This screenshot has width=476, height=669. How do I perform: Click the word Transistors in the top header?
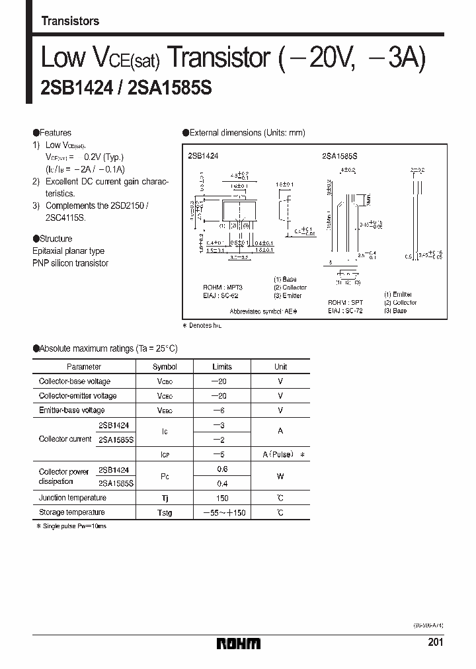pos(70,21)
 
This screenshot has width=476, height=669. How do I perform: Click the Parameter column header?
pos(83,367)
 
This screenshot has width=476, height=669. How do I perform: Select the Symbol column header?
pos(165,367)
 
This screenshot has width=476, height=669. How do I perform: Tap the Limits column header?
pos(222,367)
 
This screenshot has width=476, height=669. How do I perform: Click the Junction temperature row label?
pos(71,498)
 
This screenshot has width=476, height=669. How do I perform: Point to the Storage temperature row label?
pos(71,512)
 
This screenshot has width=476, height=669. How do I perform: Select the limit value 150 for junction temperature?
pos(222,498)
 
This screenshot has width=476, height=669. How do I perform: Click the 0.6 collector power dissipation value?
pos(222,469)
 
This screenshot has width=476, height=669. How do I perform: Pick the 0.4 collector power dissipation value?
pos(222,483)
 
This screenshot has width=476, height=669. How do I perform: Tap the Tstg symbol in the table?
pos(165,513)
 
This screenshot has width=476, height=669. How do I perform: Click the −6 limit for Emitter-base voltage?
pos(221,411)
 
